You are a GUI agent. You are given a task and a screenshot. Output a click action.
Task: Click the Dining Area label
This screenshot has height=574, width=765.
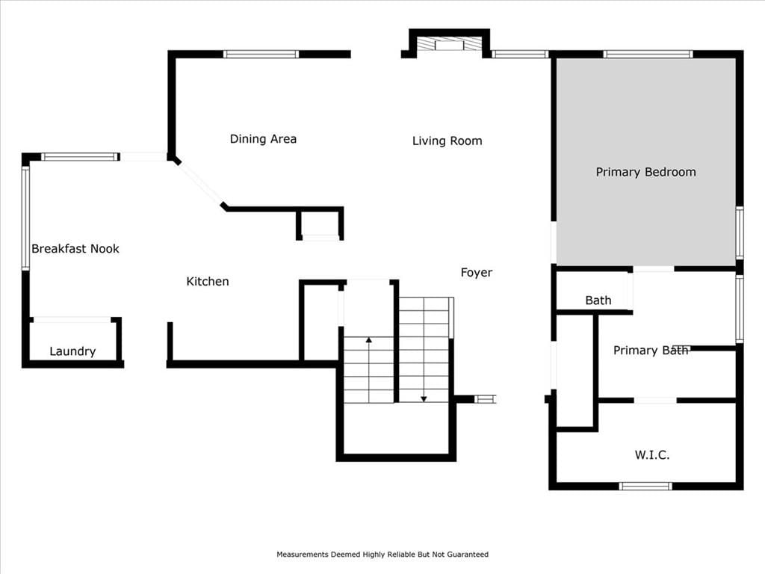[263, 139]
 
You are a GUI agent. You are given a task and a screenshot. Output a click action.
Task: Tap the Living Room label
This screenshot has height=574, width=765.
[447, 141]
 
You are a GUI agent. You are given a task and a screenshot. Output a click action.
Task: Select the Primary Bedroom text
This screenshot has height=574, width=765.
[646, 172]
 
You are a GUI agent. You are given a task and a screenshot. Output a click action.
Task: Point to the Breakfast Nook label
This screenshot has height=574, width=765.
[75, 248]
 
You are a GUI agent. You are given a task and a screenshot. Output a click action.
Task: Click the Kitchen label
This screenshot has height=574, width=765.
[208, 281]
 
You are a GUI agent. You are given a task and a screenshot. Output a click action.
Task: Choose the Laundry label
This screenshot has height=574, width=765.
[72, 351]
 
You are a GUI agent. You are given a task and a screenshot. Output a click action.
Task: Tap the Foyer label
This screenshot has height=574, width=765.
[477, 273]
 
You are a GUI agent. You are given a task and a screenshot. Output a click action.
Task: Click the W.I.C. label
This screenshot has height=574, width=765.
[651, 455]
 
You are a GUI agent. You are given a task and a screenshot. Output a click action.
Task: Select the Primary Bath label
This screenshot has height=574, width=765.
[651, 350]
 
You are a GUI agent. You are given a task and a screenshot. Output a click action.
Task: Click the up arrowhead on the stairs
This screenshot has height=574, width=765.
[369, 339]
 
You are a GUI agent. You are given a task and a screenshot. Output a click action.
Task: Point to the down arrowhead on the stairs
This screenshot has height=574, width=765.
[424, 399]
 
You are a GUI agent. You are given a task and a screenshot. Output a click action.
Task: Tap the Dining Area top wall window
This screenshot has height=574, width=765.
[261, 54]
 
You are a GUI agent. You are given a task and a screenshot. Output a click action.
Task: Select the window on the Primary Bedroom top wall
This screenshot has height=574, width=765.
[648, 54]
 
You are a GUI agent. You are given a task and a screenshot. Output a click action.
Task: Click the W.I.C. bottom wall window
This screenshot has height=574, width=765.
[645, 486]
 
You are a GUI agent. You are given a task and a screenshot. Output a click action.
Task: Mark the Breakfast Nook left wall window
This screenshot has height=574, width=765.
[25, 217]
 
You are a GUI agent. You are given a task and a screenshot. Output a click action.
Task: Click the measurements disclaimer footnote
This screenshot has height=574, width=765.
[382, 555]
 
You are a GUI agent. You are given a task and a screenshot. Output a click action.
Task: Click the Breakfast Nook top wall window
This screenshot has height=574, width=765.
[80, 157]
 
